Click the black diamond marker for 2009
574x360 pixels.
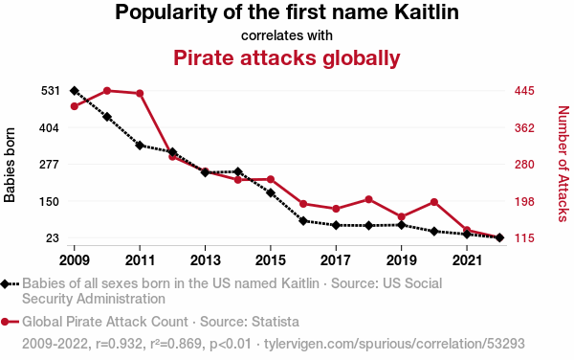(75, 91)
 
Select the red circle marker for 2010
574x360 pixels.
(107, 91)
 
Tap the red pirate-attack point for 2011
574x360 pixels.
(140, 94)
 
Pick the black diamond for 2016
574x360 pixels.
(303, 221)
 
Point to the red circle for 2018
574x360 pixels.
(368, 199)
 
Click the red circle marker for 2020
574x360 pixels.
(434, 202)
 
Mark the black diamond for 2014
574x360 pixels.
(238, 171)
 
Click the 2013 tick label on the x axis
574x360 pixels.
(206, 260)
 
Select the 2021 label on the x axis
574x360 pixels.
(467, 260)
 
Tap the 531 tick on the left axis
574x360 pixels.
(50, 91)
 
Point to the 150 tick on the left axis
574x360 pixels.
(50, 201)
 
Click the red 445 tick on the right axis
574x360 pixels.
(524, 91)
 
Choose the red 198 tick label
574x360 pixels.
(524, 201)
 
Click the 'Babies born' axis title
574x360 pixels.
(10, 165)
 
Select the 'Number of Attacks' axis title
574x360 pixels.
(563, 164)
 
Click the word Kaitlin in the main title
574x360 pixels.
(427, 11)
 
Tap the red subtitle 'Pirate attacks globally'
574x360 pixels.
(287, 57)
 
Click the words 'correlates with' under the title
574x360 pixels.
(287, 35)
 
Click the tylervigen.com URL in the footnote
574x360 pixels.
(394, 344)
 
